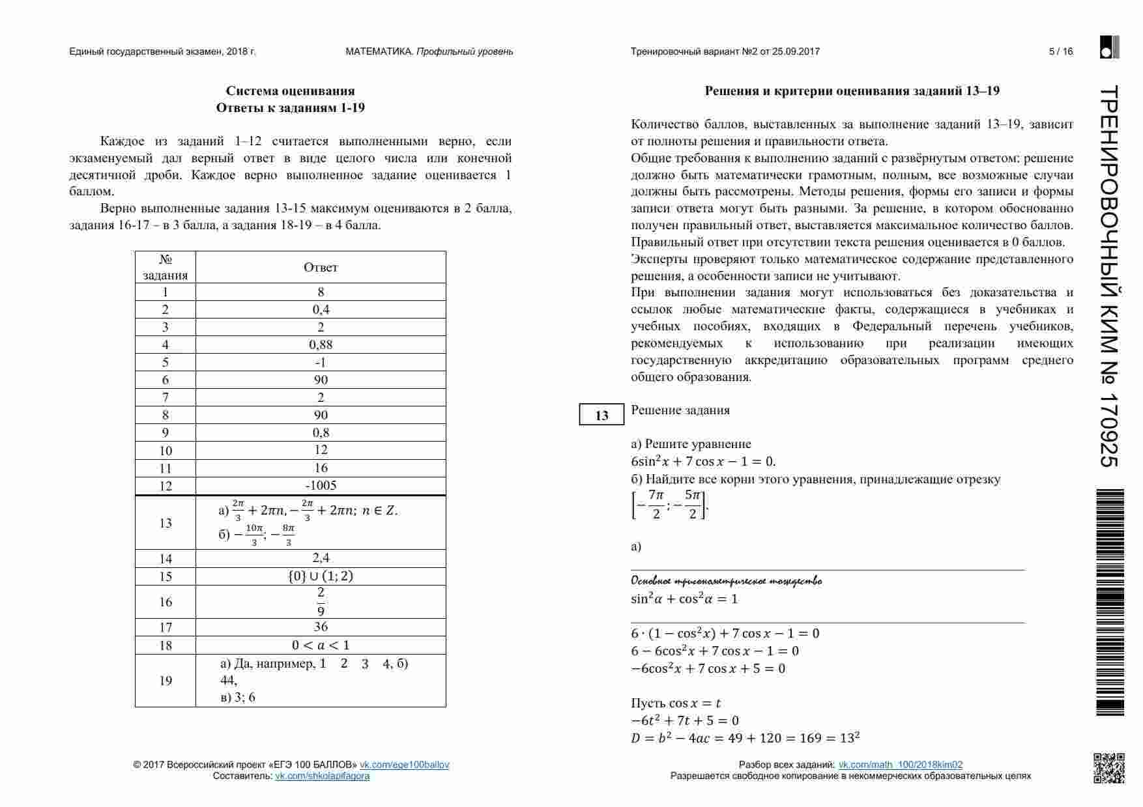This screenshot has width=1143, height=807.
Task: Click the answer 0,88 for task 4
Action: tap(321, 345)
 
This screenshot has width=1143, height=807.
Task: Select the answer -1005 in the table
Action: tap(321, 486)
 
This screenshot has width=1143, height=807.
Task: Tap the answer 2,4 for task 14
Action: tap(321, 558)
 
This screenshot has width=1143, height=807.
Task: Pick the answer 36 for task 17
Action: tap(321, 627)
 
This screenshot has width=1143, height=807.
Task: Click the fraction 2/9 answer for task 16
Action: tap(321, 602)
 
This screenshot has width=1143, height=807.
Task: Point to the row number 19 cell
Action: tap(166, 681)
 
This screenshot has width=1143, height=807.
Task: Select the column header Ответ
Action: tap(321, 267)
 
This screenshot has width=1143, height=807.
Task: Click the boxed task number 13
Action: tap(601, 416)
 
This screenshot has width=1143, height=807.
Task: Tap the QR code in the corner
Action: tap(1108, 769)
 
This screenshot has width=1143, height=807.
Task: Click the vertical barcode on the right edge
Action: tap(1110, 602)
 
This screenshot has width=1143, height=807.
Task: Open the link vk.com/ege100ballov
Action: tap(404, 765)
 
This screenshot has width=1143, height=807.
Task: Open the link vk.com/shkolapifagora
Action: tap(322, 776)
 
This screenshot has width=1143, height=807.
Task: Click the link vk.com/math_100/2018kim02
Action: tap(900, 765)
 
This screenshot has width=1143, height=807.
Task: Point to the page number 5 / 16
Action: tap(1060, 51)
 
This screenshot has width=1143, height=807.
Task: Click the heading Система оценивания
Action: tap(291, 91)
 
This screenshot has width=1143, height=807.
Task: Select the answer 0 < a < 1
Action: tap(321, 645)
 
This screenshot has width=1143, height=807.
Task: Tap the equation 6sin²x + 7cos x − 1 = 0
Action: tap(703, 462)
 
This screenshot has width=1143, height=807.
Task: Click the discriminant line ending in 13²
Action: tap(745, 738)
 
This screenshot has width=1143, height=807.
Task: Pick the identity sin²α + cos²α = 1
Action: tap(684, 599)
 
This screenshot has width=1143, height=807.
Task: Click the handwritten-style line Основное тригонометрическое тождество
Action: tap(726, 581)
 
